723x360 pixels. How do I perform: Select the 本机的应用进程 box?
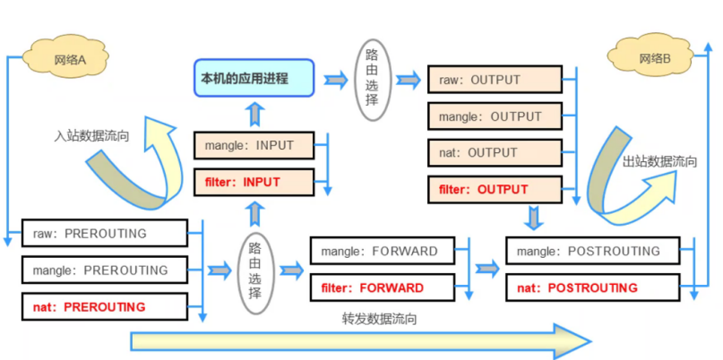tap(254, 79)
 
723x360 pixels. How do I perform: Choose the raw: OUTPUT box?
tap(495, 80)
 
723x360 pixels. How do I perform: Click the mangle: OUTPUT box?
tap(495, 116)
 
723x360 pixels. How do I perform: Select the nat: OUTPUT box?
tap(495, 152)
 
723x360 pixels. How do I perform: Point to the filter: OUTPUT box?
tap(495, 189)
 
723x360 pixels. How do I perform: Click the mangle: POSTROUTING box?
tap(591, 251)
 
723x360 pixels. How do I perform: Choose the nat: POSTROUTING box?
tap(591, 287)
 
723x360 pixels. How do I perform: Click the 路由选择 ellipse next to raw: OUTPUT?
tap(373, 79)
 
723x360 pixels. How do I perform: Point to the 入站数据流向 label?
tap(91, 137)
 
